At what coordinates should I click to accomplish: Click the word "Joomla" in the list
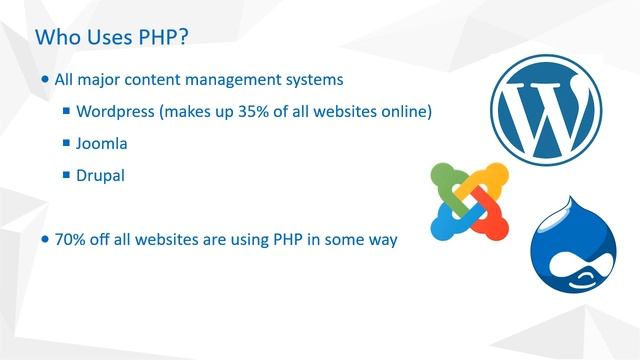pos(102,143)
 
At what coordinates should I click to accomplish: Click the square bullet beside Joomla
pos(66,143)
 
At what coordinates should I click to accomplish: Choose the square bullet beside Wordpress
pos(66,111)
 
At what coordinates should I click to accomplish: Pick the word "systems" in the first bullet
pos(314,79)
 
